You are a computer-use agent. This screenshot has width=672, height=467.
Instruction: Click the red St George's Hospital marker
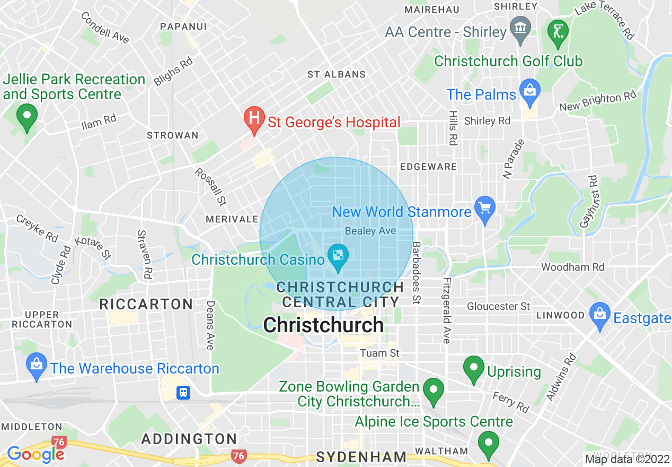(x=254, y=118)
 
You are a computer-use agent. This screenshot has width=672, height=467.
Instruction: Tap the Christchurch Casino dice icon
(x=337, y=256)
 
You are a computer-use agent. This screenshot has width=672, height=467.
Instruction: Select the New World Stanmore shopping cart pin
(x=485, y=207)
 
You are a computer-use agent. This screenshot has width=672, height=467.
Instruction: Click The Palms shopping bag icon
(x=529, y=90)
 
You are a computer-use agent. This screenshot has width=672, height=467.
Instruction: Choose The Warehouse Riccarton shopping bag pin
(x=36, y=365)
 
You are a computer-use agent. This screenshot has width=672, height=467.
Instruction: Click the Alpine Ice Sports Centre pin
(x=488, y=442)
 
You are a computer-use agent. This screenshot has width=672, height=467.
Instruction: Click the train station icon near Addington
(x=183, y=392)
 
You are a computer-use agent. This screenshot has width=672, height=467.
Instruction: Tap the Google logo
(x=36, y=454)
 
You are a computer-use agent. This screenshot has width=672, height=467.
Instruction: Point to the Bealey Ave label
(x=370, y=231)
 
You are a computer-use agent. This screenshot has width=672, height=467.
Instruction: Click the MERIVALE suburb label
(x=232, y=219)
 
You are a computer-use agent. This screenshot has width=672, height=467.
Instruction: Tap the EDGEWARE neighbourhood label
(x=428, y=167)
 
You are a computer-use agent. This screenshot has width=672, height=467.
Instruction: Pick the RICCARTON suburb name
(x=147, y=304)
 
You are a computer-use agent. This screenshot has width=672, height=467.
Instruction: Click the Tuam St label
(x=379, y=353)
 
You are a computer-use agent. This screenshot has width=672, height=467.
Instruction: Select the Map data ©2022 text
(x=626, y=459)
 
